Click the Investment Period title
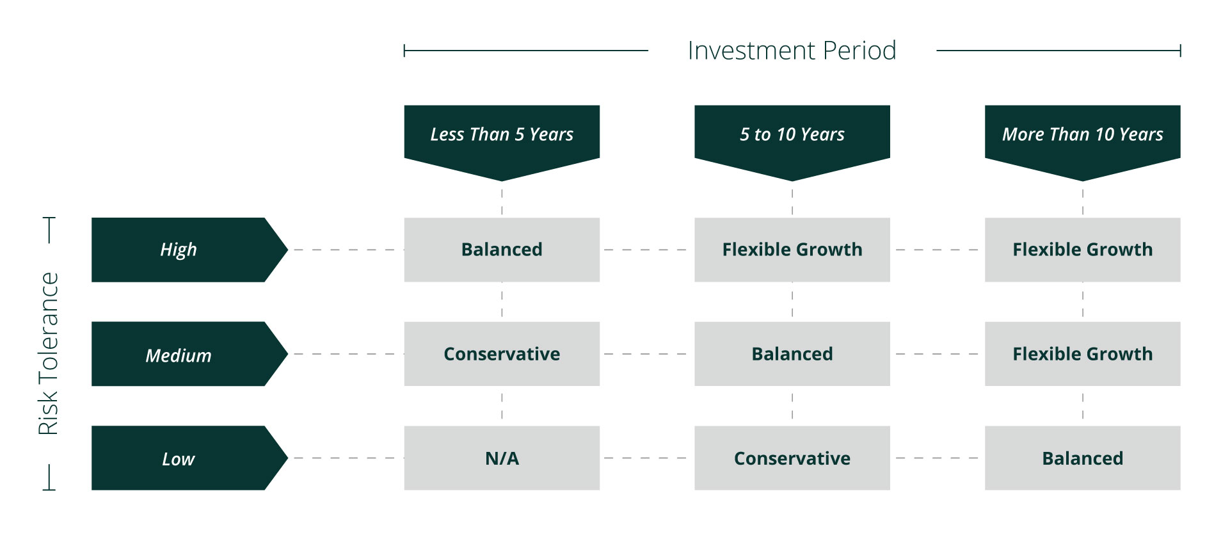point(792,51)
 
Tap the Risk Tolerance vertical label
point(48,354)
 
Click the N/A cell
point(502,458)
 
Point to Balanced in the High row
point(502,250)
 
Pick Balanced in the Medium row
point(792,354)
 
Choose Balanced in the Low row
point(1083,458)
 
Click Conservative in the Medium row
point(502,354)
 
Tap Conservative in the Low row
point(792,458)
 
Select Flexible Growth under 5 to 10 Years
point(792,250)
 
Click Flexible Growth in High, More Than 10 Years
point(1083,250)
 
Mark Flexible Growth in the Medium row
point(1083,354)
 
